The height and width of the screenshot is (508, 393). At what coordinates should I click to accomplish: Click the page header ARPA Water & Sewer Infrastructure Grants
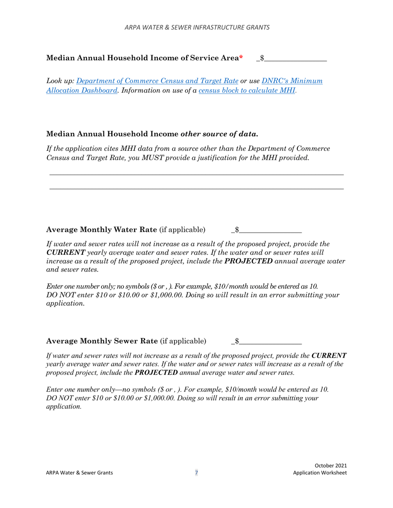point(197,27)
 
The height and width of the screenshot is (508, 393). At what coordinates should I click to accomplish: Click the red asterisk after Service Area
point(241,58)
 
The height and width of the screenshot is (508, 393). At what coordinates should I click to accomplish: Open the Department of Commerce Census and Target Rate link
point(158,81)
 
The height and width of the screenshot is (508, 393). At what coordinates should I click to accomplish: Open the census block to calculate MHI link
point(247,90)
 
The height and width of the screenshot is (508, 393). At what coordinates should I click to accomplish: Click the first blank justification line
point(196,175)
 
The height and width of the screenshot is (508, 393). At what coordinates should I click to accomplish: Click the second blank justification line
point(196,189)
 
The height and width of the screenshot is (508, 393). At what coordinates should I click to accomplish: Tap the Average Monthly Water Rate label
point(102,230)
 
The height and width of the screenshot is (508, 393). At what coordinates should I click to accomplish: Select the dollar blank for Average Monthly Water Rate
point(270,230)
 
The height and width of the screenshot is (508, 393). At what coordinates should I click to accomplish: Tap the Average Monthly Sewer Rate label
point(102,341)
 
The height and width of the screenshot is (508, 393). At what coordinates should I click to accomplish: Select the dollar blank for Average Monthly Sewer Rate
point(270,342)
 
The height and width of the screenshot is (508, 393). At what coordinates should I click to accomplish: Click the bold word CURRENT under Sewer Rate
point(329,356)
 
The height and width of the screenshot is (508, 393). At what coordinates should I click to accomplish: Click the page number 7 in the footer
point(196,473)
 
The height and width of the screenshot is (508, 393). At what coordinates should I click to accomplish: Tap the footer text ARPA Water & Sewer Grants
point(79,473)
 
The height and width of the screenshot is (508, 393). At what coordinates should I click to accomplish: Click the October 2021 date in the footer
point(331,465)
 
